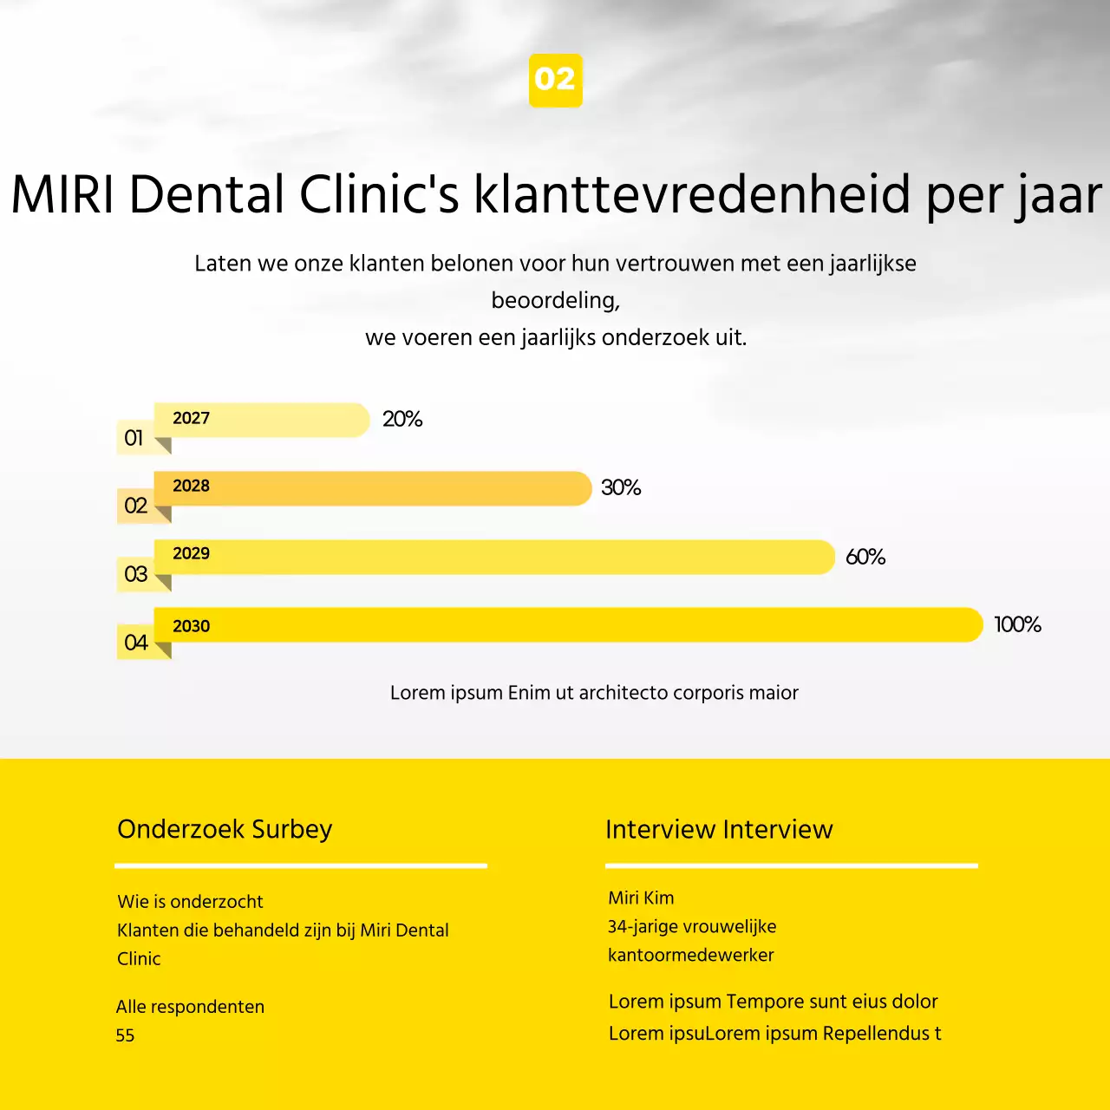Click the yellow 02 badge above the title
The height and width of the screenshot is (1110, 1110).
tap(555, 81)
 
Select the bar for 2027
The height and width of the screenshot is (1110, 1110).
tap(262, 420)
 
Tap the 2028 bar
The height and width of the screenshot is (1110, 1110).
tap(373, 488)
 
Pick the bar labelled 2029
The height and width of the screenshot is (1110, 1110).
tap(494, 557)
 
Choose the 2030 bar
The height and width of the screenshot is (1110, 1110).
tap(568, 624)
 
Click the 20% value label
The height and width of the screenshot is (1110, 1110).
tap(402, 420)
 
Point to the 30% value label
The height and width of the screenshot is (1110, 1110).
tap(621, 488)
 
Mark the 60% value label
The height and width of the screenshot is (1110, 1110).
tap(865, 558)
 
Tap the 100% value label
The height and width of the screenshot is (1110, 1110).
tap(1017, 625)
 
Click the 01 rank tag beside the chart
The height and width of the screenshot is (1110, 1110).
tap(134, 438)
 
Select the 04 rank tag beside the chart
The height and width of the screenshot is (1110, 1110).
tap(135, 643)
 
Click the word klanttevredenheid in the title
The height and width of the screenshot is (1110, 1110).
tap(691, 194)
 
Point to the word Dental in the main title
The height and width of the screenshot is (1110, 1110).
tap(206, 194)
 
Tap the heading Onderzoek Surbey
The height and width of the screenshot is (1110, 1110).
tap(225, 830)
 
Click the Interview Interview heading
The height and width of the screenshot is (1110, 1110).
tap(719, 830)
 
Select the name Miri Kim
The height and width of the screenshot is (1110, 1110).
tap(641, 898)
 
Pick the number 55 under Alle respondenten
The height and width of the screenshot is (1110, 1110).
tap(125, 1035)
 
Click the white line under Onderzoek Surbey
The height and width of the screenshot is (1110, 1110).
tap(301, 865)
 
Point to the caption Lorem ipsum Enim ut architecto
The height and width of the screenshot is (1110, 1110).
tap(594, 693)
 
